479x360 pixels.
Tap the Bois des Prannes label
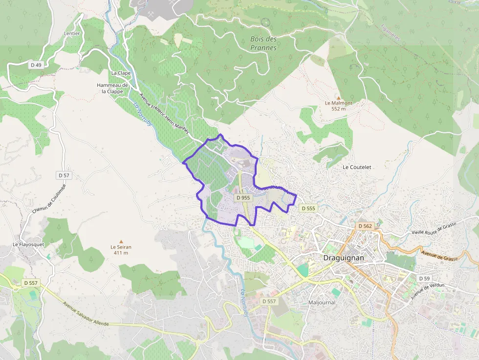click(263, 43)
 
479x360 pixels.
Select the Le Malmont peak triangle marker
click(338, 98)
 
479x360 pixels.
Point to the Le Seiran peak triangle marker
click(121, 241)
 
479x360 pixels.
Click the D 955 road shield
click(243, 198)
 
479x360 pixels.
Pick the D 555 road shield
click(308, 208)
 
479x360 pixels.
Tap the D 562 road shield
click(365, 226)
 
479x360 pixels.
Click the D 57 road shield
click(64, 175)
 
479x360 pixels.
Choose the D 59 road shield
click(424, 278)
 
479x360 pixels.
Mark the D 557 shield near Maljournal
click(269, 301)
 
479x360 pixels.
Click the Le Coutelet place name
click(357, 167)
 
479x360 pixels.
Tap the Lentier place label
click(72, 34)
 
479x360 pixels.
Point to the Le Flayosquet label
click(28, 244)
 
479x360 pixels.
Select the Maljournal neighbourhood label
click(322, 302)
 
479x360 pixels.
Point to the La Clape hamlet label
click(121, 73)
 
